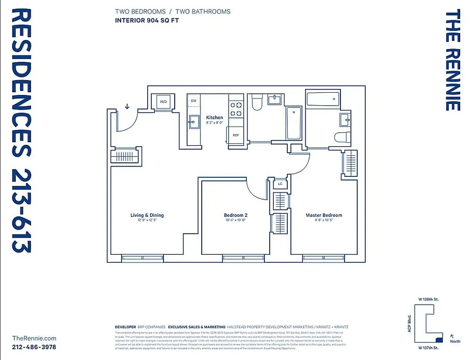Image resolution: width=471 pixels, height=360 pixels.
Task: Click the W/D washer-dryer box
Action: [x=163, y=102]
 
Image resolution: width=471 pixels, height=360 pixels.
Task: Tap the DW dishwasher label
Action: [x=194, y=101]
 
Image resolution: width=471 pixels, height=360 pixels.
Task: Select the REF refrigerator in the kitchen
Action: [x=236, y=135]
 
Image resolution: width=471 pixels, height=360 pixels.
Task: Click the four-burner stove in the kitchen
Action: [x=236, y=109]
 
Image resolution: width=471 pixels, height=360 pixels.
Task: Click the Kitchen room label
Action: [x=214, y=117]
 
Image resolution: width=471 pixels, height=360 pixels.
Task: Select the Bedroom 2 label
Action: [x=235, y=215]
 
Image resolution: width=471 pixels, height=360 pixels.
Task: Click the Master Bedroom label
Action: [x=324, y=215]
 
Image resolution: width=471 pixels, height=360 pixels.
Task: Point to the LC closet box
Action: [x=280, y=184]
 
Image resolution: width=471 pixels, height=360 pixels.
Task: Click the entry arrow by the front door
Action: [x=127, y=107]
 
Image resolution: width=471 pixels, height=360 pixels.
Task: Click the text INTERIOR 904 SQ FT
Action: [x=147, y=20]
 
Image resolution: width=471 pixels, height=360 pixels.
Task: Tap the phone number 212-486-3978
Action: [x=34, y=347]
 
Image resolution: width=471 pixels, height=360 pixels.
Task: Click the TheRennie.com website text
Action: [x=34, y=338]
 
